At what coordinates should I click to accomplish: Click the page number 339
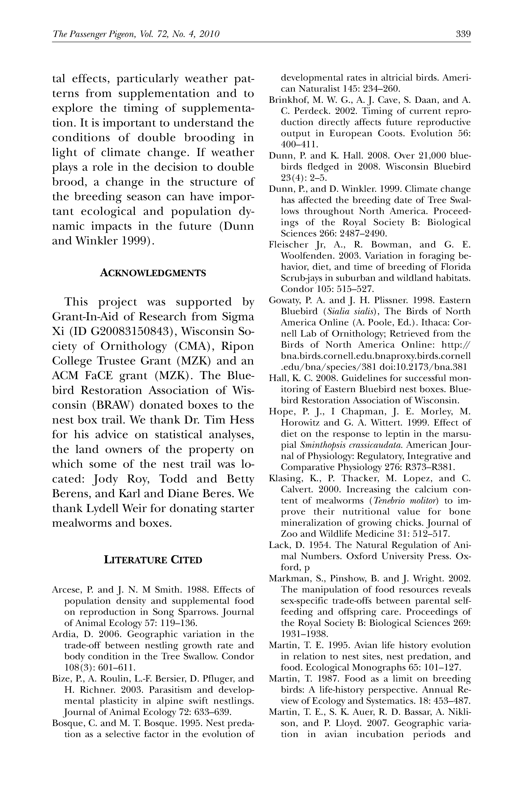[x=463, y=34]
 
